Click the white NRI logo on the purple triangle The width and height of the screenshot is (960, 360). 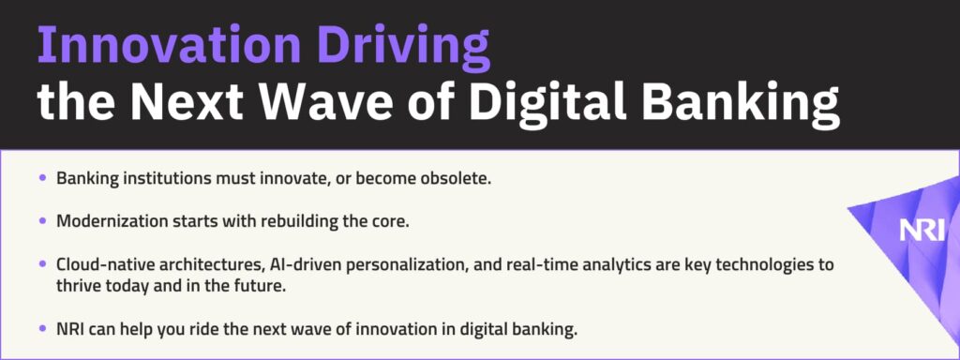(922, 231)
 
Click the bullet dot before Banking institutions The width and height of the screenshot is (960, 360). (42, 178)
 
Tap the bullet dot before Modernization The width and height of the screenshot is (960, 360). (42, 221)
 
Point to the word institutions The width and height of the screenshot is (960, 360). (155, 178)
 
